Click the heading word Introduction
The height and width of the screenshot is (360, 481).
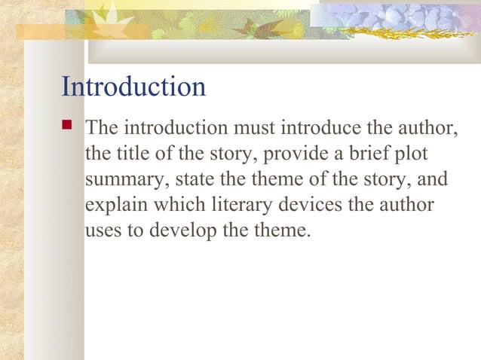click(133, 87)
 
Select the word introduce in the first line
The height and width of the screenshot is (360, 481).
click(325, 129)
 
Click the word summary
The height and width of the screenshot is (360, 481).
click(122, 181)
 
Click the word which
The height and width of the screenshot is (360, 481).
click(177, 206)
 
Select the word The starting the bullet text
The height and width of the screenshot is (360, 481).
click(103, 129)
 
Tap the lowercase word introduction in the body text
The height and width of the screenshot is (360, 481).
click(176, 129)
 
